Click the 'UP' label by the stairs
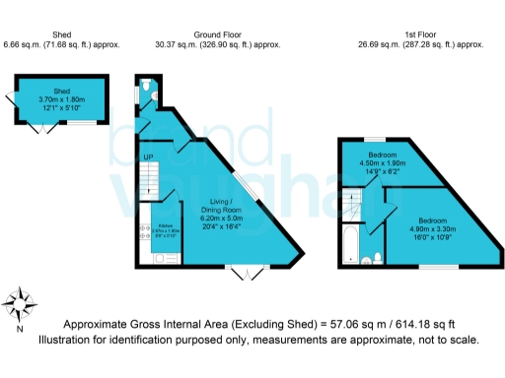pos(148,157)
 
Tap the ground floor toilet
pos(146,87)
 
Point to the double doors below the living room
pos(240,273)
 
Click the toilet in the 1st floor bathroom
pos(367,259)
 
